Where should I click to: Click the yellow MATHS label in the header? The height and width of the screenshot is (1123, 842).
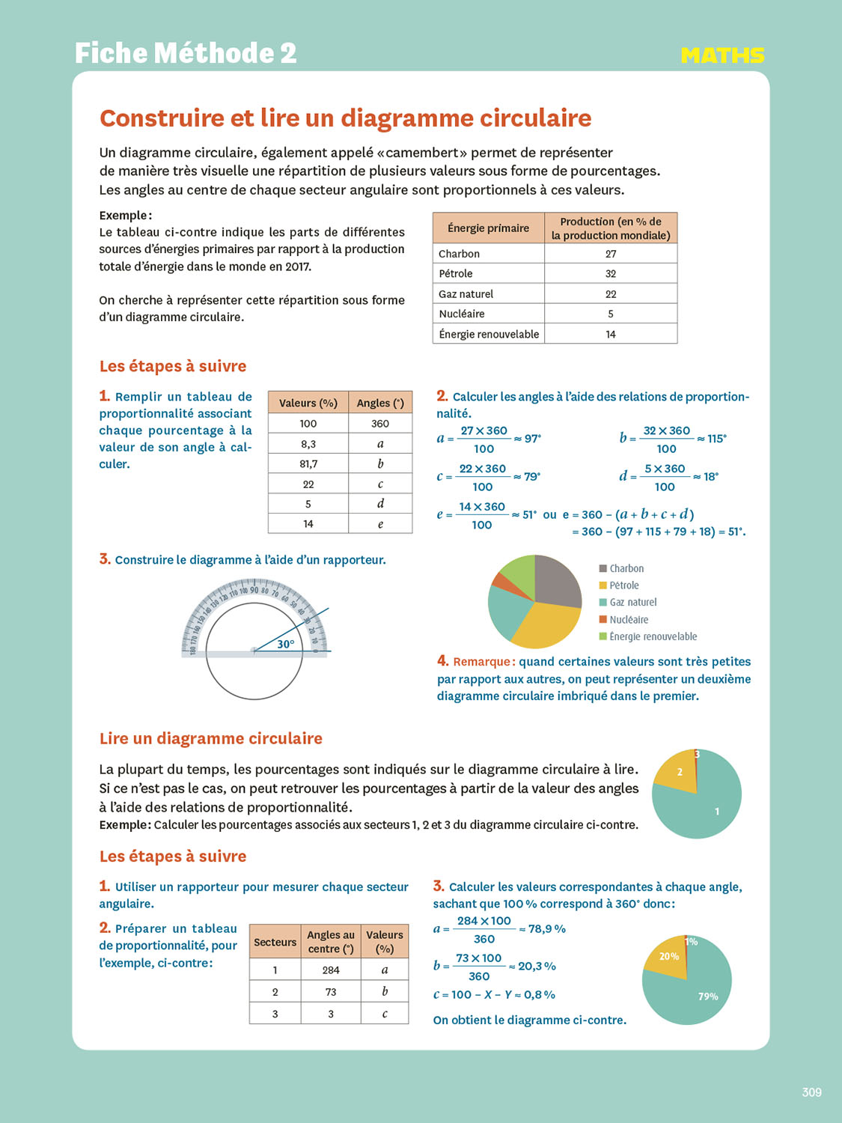pos(722,55)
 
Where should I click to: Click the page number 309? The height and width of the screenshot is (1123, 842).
pos(811,1092)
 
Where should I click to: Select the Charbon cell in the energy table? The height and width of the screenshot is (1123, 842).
pos(460,254)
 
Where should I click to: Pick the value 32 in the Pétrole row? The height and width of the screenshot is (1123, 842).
pos(611,274)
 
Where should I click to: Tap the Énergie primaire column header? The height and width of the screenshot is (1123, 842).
pos(488,228)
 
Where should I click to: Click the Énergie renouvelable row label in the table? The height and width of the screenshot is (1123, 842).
pos(489,334)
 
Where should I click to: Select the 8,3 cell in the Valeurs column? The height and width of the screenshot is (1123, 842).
pos(308,444)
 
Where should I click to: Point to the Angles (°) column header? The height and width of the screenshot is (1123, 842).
pos(380,403)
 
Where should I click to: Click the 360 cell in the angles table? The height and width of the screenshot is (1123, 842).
pos(380,424)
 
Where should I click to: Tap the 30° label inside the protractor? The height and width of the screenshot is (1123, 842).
pos(286,644)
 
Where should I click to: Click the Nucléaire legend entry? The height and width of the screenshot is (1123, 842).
pos(629,620)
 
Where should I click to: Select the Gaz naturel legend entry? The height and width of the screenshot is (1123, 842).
pos(632,603)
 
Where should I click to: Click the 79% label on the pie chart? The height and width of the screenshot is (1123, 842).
pos(708,996)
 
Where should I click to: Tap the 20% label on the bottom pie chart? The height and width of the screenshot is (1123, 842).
pos(669,957)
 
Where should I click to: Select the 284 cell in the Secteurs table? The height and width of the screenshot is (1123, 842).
pos(331,970)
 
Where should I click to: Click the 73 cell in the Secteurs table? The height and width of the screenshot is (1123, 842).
pos(331,992)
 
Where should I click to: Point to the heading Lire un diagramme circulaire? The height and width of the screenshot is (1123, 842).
pos(211,739)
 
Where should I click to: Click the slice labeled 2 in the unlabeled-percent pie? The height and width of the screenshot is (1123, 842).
pos(678,773)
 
